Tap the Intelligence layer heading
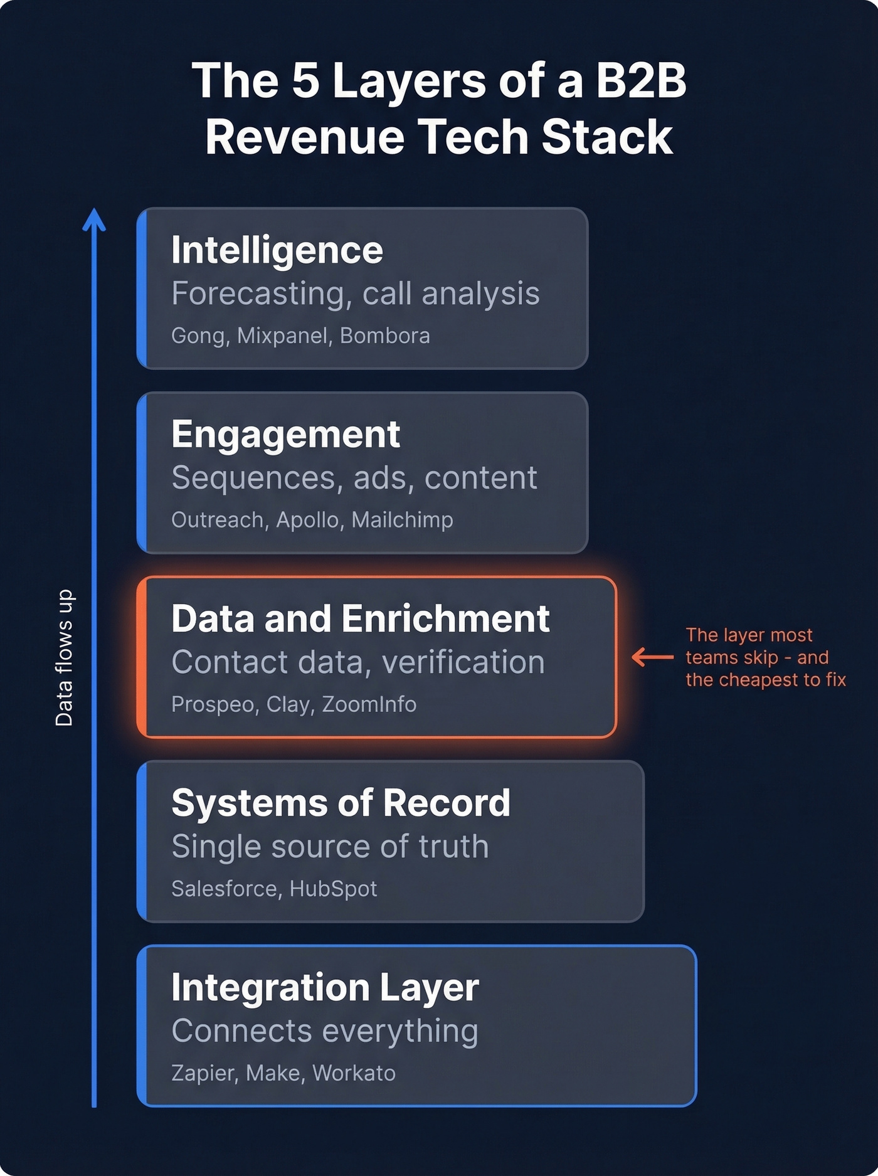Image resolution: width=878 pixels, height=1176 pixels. tap(277, 250)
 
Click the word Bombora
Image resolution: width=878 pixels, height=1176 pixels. tap(384, 336)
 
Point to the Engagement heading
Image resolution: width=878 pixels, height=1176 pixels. tap(285, 435)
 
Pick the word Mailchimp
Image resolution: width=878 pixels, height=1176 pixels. tap(402, 520)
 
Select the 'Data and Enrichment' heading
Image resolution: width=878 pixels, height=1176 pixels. tap(360, 619)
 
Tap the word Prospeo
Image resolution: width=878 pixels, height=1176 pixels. tap(212, 705)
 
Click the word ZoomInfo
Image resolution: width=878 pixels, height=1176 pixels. tap(369, 704)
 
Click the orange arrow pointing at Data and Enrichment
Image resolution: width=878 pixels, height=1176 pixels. tap(652, 657)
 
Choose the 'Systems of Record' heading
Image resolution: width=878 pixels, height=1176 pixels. tap(341, 803)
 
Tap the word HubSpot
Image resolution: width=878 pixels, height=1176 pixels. tap(333, 889)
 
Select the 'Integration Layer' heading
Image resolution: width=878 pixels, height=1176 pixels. tap(325, 988)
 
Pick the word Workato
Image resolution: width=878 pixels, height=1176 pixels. tap(354, 1073)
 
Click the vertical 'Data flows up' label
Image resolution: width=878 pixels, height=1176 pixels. tap(64, 657)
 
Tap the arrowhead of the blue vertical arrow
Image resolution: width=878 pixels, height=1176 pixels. tap(94, 220)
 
